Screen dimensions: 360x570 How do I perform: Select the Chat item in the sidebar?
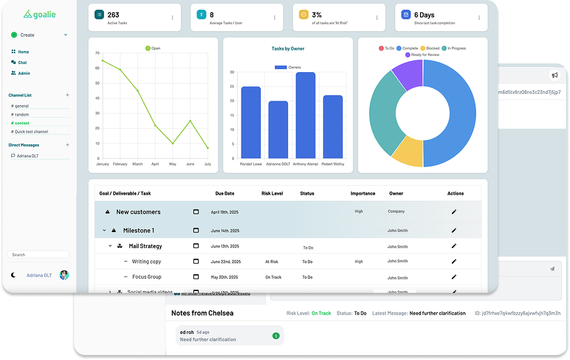[22, 62]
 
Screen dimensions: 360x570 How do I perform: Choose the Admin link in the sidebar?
[24, 73]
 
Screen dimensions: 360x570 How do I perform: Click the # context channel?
[22, 123]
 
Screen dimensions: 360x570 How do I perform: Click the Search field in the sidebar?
[39, 254]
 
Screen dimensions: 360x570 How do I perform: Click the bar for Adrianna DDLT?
[278, 129]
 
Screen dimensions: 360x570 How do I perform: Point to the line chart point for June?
[190, 121]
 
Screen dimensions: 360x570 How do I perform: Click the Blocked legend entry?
[430, 48]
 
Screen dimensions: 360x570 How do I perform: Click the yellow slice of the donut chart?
[408, 152]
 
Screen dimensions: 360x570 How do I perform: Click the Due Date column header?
[225, 193]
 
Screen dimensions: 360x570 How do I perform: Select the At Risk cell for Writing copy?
[272, 262]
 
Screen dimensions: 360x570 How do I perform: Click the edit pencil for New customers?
[454, 212]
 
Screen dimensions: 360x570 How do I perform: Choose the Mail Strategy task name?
[145, 246]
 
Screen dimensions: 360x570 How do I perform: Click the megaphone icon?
[555, 75]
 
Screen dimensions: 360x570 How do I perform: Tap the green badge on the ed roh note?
[276, 336]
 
